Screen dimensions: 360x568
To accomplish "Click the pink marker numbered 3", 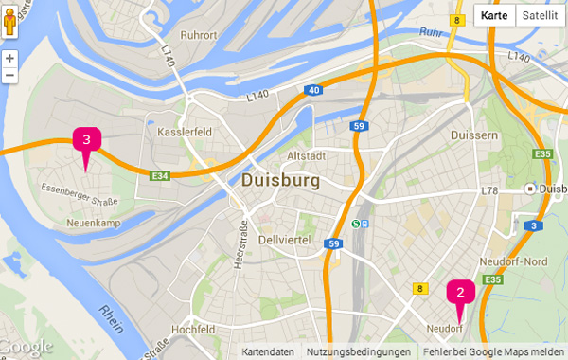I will [86, 141].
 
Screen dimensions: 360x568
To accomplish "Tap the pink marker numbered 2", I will [460, 292].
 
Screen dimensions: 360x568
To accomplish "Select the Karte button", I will [494, 15].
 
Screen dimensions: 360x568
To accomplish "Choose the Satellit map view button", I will [540, 15].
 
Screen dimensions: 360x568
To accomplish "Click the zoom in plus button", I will [9, 59].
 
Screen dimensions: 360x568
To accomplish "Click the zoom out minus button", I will [9, 76].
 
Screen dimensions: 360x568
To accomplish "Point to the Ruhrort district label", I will [199, 37].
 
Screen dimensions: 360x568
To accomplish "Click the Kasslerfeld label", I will [183, 132].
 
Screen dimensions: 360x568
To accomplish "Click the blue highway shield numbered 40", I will [312, 91].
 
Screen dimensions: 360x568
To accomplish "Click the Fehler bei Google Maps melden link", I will [493, 351].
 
